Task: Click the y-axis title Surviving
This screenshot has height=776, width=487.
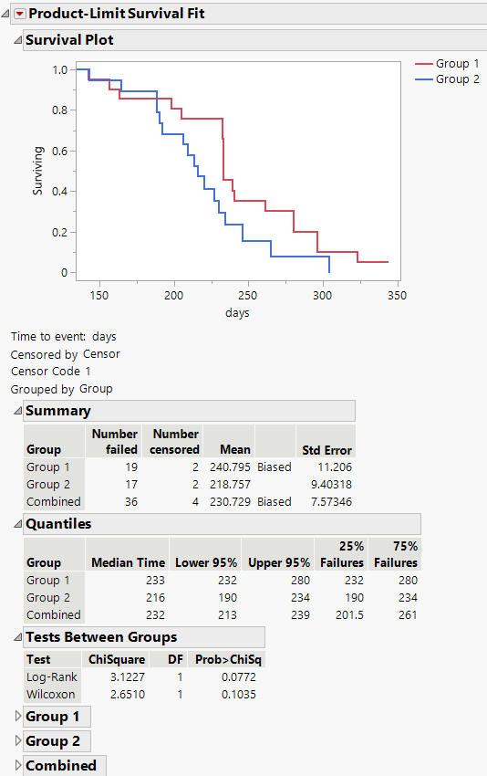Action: [38, 171]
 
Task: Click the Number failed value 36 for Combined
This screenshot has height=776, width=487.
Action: [129, 501]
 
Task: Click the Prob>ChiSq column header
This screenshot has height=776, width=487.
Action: [229, 659]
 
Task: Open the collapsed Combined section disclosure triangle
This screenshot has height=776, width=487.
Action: [17, 765]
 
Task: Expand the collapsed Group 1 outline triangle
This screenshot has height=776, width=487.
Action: [17, 717]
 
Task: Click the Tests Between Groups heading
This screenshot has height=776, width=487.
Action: [101, 637]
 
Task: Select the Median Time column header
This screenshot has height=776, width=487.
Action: [128, 562]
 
